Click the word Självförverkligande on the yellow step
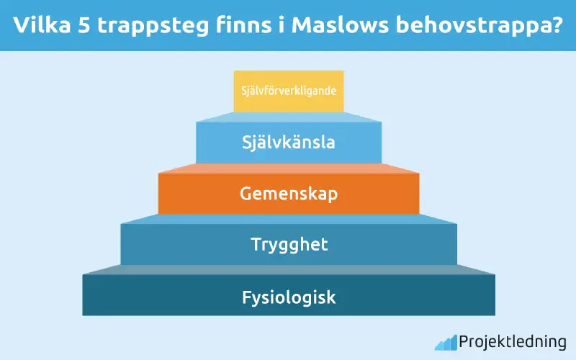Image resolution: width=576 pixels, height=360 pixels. tap(288, 91)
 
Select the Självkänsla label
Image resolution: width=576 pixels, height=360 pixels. tap(288, 142)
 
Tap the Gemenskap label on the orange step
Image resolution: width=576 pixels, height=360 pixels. tap(288, 194)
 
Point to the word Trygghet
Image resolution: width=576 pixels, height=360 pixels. tap(288, 244)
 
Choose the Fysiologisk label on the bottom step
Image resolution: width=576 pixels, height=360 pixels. tap(288, 296)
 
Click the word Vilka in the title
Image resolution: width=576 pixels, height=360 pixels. tap(44, 24)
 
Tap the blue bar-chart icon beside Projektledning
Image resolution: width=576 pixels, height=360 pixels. tap(445, 341)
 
